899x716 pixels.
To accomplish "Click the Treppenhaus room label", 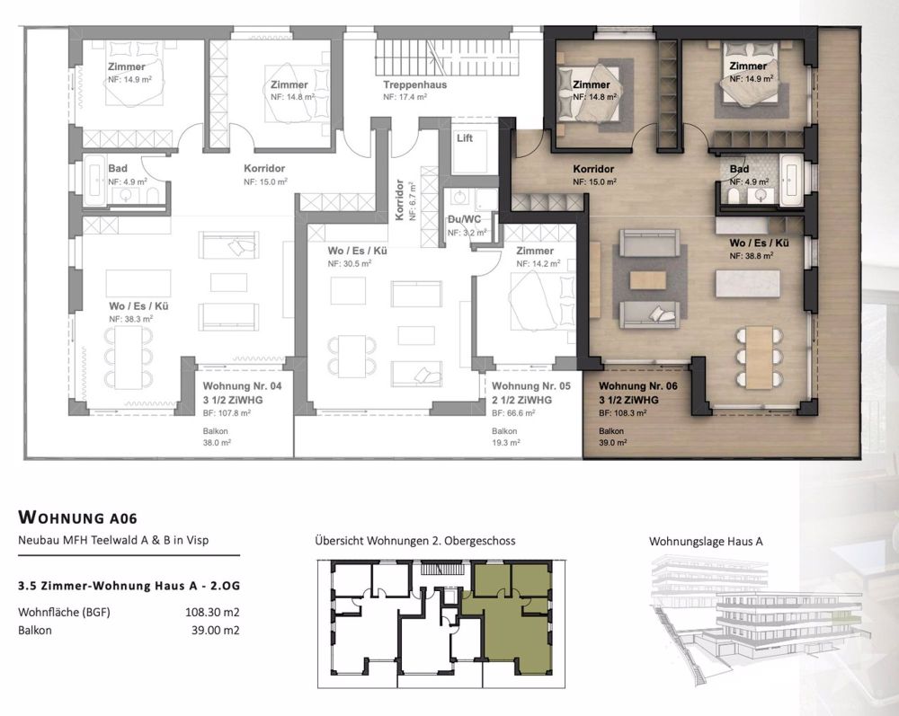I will pos(415,84).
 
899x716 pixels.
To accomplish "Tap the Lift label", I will pos(465,138).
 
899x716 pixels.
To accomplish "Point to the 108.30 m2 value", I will pos(212,613).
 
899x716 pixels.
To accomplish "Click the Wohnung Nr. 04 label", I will pos(237,385).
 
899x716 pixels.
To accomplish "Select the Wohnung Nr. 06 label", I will pos(639,385).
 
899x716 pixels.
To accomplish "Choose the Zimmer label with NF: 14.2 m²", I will pos(535,252).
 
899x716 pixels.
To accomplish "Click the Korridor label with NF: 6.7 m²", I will pos(400,199).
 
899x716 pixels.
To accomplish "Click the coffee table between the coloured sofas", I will pos(648,280).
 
